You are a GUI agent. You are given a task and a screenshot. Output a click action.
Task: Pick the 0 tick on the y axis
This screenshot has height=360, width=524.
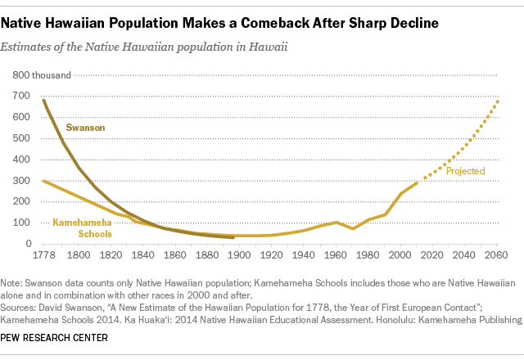[x=28, y=244]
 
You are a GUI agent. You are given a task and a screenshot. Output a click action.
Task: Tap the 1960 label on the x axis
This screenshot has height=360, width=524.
[x=337, y=255]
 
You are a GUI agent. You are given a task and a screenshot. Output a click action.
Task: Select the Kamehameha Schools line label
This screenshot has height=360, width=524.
[x=82, y=227]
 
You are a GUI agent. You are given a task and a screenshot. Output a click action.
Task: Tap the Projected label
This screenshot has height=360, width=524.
[x=465, y=171]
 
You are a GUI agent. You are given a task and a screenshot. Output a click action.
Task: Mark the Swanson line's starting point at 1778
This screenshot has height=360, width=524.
[x=43, y=100]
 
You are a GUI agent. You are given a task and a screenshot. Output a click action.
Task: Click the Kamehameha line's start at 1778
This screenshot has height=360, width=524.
[x=43, y=180]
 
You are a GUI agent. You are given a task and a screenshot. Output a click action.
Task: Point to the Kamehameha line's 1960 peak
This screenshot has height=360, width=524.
[x=337, y=222]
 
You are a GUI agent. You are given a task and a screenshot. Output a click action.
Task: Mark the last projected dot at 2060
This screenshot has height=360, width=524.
[x=498, y=101]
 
